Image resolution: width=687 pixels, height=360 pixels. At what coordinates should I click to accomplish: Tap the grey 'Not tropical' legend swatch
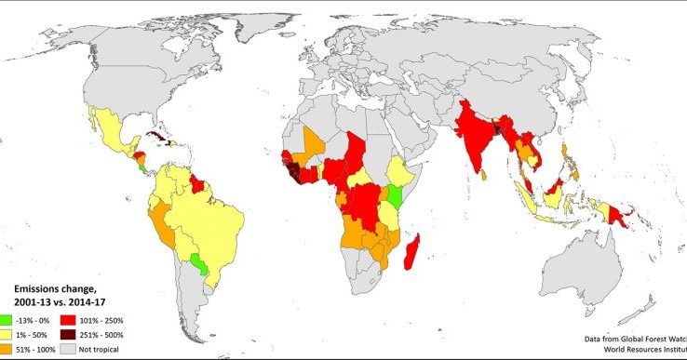coord(68,350)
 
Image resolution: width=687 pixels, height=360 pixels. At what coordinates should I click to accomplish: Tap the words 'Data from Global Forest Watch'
coord(638,340)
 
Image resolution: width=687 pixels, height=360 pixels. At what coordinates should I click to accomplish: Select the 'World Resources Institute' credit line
coord(643,352)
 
